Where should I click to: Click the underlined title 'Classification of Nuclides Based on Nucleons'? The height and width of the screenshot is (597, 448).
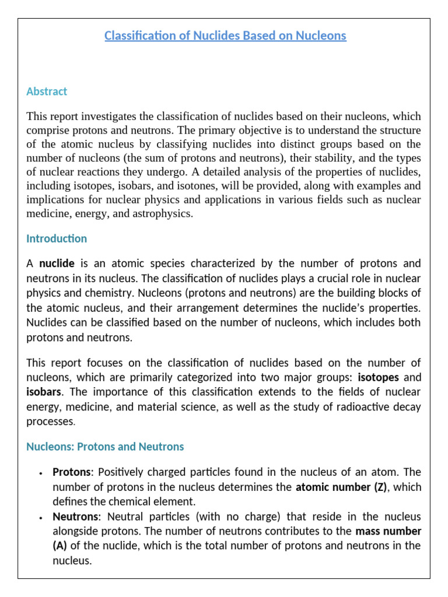coord(225,36)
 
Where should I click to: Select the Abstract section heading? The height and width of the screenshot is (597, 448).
coord(47,92)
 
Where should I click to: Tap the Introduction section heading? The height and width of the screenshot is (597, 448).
coord(57,238)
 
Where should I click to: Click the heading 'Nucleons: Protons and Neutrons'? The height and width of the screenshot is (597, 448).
coord(105,447)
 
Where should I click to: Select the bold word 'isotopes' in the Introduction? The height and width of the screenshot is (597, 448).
coord(378,377)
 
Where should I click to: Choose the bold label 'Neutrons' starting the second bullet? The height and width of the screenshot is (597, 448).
coord(74,517)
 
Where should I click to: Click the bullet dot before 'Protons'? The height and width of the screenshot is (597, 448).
coord(40,473)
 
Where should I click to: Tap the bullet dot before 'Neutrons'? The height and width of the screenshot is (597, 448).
coord(40,518)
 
